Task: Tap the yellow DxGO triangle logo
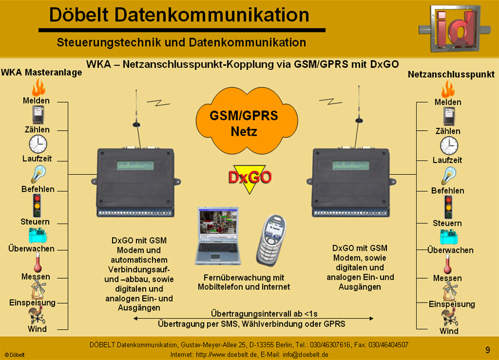pos(249,177)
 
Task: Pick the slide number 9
pos(487,350)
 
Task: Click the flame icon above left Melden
pos(38,87)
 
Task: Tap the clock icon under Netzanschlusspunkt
pos(449,146)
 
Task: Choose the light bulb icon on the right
pos(448,175)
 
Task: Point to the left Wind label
pos(37,329)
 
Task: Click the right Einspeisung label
pos(452,304)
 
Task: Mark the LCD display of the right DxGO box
pos(352,165)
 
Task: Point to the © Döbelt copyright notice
pos(15,354)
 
